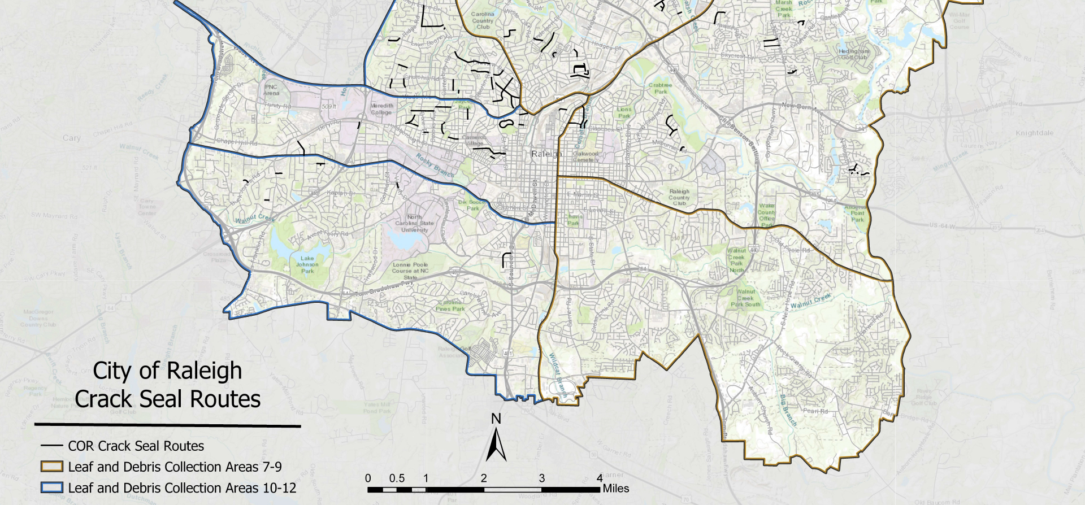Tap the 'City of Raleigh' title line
[167, 371]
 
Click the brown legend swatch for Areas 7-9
[51, 467]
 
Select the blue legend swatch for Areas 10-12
[51, 488]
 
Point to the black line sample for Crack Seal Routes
[51, 446]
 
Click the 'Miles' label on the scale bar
[615, 489]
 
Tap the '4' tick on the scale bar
[600, 478]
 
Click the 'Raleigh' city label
[546, 154]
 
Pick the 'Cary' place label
[72, 138]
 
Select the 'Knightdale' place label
[1035, 133]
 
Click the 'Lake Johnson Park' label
[307, 264]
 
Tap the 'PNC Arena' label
[271, 90]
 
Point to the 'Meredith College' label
[381, 109]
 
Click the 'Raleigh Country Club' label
[679, 197]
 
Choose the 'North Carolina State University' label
[415, 223]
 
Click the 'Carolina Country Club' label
[483, 20]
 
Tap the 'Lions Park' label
[624, 112]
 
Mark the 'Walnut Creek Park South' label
[745, 298]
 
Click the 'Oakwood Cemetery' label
[585, 156]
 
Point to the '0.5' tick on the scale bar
[397, 478]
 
